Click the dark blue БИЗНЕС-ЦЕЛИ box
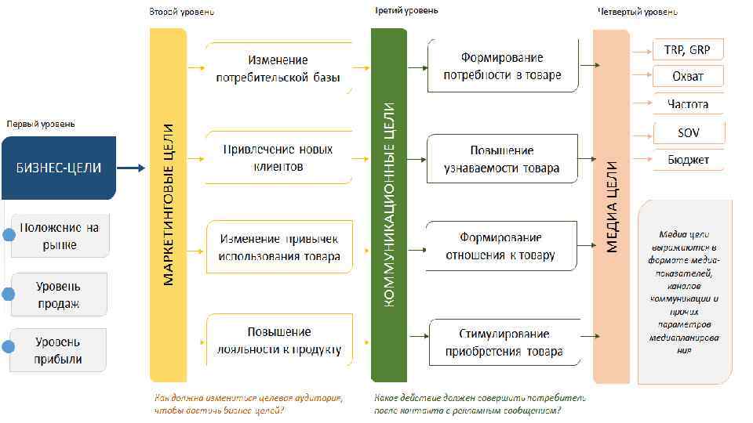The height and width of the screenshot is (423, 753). pyautogui.click(x=58, y=168)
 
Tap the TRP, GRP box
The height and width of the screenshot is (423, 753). pyautogui.click(x=688, y=50)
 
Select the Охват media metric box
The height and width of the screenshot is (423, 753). pyautogui.click(x=688, y=77)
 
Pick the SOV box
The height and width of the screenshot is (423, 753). pyautogui.click(x=688, y=132)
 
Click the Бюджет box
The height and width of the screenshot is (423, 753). pyautogui.click(x=688, y=160)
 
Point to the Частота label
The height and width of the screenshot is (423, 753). pyautogui.click(x=688, y=104)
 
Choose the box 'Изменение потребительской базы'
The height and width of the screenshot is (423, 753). pyautogui.click(x=278, y=69)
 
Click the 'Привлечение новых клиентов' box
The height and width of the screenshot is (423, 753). pyautogui.click(x=278, y=157)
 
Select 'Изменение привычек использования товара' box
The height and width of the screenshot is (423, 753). pyautogui.click(x=278, y=247)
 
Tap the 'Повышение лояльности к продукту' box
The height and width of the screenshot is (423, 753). pyautogui.click(x=278, y=341)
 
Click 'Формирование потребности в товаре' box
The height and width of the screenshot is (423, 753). pyautogui.click(x=502, y=67)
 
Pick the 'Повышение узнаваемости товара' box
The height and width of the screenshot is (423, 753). pyautogui.click(x=502, y=158)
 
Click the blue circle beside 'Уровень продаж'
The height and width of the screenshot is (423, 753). pyautogui.click(x=9, y=294)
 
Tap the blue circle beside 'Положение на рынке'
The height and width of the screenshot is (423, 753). pyautogui.click(x=9, y=236)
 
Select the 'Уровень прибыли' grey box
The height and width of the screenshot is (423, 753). pyautogui.click(x=58, y=350)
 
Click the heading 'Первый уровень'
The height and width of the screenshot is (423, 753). pyautogui.click(x=41, y=124)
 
